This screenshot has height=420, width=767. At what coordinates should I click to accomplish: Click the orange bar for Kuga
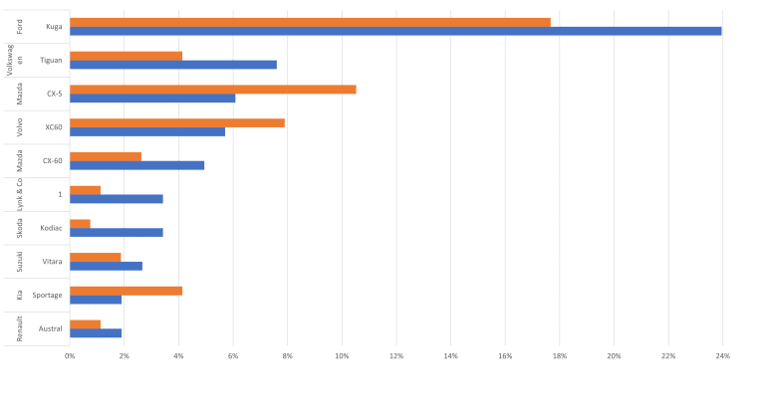[310, 22]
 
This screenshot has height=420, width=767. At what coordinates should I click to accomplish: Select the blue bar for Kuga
[395, 32]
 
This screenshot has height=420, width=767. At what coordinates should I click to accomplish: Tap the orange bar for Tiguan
[127, 56]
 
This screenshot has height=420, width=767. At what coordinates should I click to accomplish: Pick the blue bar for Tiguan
[173, 65]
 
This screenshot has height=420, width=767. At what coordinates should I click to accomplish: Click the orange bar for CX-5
[213, 90]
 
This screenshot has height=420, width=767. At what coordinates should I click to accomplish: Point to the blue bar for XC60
[147, 132]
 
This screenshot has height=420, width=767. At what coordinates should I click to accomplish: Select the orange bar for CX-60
[106, 156]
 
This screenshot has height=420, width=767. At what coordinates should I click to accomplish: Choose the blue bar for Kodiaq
[117, 233]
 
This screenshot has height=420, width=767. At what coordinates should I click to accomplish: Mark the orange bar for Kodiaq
[81, 223]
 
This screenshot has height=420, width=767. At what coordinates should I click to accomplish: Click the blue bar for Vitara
[106, 267]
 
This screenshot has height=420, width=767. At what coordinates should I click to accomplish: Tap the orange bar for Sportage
[127, 291]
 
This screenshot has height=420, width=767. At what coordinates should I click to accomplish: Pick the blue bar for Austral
[96, 333]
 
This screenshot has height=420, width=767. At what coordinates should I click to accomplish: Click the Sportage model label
[48, 296]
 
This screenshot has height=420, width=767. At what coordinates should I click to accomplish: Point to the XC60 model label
[54, 127]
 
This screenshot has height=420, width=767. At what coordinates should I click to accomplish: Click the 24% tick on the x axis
[722, 355]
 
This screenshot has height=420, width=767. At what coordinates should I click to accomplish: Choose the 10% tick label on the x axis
[342, 355]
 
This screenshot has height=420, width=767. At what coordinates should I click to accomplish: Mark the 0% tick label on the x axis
[70, 355]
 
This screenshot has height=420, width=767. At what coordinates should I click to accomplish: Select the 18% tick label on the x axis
[559, 355]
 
